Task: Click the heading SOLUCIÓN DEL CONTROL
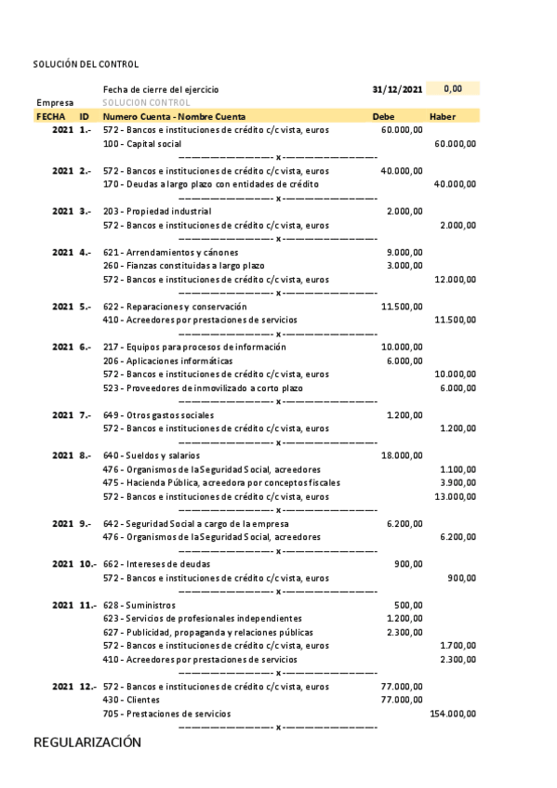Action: pyautogui.click(x=86, y=64)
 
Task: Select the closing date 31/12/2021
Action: pyautogui.click(x=397, y=89)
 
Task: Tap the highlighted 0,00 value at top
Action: pyautogui.click(x=453, y=88)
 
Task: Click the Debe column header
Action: pyautogui.click(x=383, y=117)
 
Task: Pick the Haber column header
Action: pyautogui.click(x=443, y=117)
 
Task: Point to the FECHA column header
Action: pyautogui.click(x=50, y=117)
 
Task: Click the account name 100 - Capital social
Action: pyautogui.click(x=142, y=144)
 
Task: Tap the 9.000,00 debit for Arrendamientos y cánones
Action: pyautogui.click(x=404, y=252)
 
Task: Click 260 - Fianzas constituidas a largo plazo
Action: pyautogui.click(x=183, y=266)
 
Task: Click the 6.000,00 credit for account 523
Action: pyautogui.click(x=458, y=387)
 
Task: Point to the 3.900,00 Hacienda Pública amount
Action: pyautogui.click(x=458, y=482)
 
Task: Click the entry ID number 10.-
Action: pyautogui.click(x=87, y=564)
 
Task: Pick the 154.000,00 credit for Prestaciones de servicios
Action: pyautogui.click(x=453, y=714)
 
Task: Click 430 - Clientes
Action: pyautogui.click(x=131, y=700)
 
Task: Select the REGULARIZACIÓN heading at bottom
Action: pyautogui.click(x=87, y=742)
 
